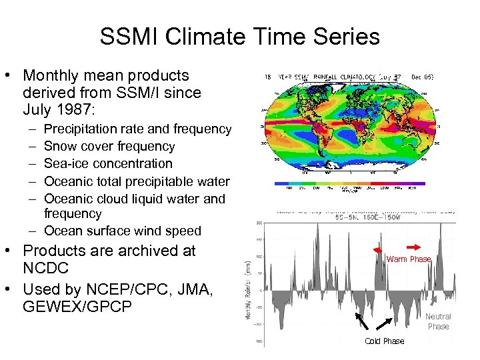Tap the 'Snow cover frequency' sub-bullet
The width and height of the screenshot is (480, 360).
point(109,146)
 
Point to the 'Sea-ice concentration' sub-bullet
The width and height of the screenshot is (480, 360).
point(108,163)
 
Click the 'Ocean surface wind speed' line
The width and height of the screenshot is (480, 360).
point(122,231)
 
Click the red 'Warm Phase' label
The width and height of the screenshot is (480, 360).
point(409,259)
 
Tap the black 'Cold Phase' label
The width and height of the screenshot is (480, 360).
point(384,341)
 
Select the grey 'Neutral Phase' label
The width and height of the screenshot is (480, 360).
point(438,321)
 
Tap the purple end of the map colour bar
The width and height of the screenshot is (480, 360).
point(417,183)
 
